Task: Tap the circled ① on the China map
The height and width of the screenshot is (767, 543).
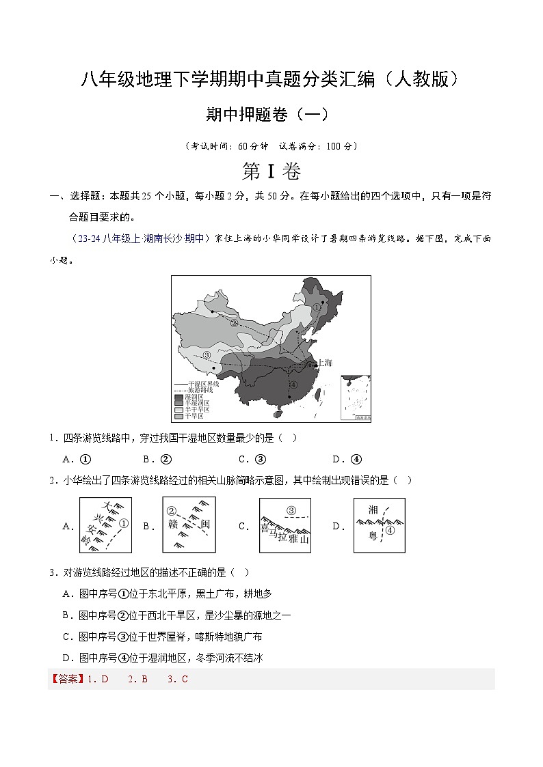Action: [x=317, y=307]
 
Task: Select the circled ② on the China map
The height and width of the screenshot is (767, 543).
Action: [x=234, y=323]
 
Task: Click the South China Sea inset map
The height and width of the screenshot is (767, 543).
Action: [x=355, y=397]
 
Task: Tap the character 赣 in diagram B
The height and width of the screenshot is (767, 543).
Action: [x=173, y=525]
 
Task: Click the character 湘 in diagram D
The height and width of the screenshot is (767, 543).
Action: [x=373, y=510]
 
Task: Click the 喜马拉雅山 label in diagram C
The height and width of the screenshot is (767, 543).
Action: [x=285, y=534]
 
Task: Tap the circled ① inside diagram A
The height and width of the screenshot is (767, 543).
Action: [x=123, y=524]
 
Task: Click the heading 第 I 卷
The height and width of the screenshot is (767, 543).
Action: [x=271, y=171]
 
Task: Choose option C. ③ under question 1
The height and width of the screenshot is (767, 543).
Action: [x=252, y=459]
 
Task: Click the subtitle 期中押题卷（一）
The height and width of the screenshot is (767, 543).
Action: [x=271, y=115]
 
